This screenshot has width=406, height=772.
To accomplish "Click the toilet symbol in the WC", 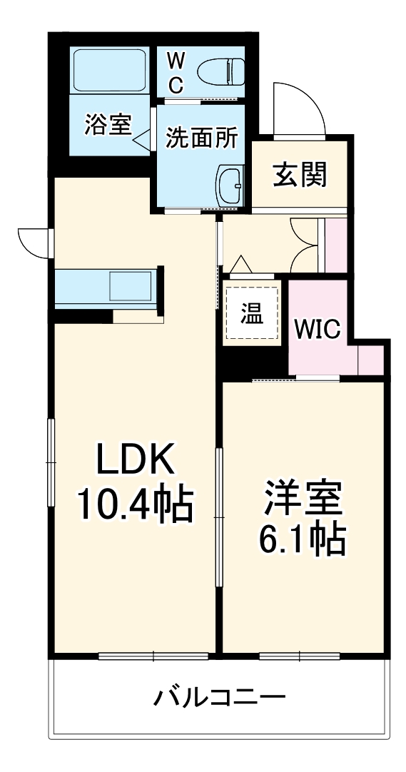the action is [220, 72].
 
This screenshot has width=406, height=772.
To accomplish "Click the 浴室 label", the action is [108, 125].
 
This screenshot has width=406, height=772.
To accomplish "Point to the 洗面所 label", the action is [201, 139].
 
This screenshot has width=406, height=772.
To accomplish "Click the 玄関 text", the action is [300, 175].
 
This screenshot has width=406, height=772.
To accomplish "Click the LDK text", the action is [134, 459].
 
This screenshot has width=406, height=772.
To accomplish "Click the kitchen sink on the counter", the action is [131, 285].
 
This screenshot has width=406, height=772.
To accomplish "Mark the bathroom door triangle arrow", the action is [142, 138].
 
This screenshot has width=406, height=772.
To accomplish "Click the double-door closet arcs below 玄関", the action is [305, 245].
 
